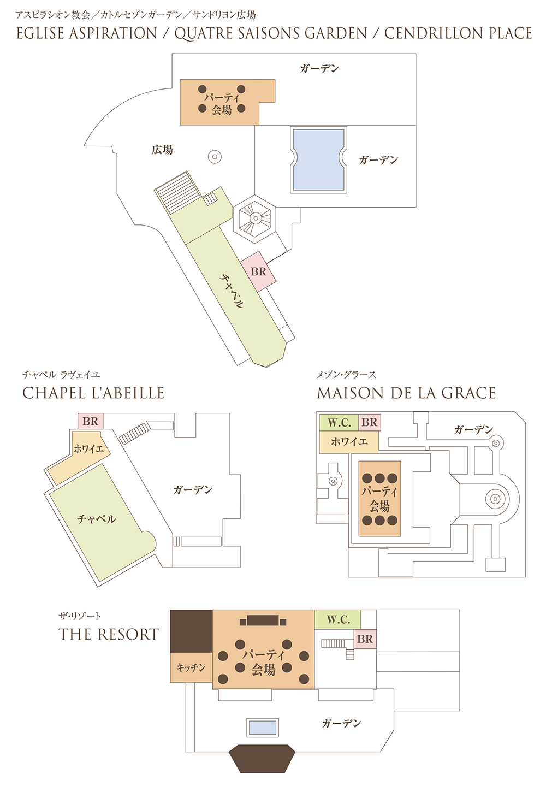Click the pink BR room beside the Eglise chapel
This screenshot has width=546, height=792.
pyautogui.click(x=258, y=271)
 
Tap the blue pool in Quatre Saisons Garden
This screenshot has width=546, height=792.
pyautogui.click(x=318, y=160)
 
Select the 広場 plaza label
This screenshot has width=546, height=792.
pyautogui.click(x=162, y=150)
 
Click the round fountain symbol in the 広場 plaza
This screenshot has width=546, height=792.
pyautogui.click(x=215, y=157)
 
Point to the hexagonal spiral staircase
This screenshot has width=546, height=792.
pyautogui.click(x=254, y=219)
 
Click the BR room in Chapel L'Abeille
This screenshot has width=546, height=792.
pyautogui.click(x=91, y=421)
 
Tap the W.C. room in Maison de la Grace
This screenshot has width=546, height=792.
pyautogui.click(x=339, y=422)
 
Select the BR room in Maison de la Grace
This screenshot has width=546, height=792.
pyautogui.click(x=370, y=422)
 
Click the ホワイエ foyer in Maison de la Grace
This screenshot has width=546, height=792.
pyautogui.click(x=349, y=442)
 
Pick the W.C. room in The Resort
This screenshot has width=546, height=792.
pyautogui.click(x=337, y=619)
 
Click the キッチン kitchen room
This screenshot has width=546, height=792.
pyautogui.click(x=191, y=667)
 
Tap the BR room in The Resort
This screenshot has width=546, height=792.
pyautogui.click(x=365, y=639)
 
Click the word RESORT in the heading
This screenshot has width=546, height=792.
pyautogui.click(x=128, y=634)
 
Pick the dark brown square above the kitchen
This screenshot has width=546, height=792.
pyautogui.click(x=191, y=631)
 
